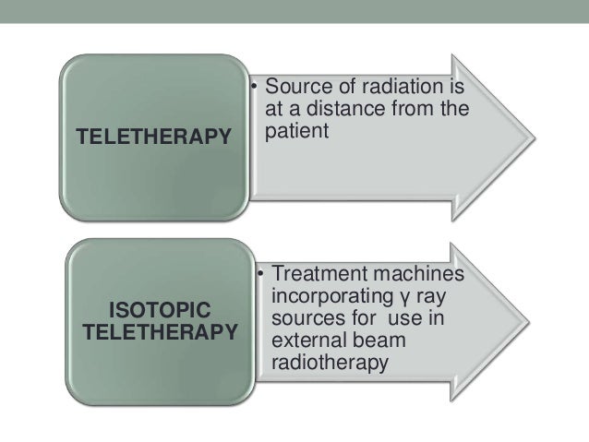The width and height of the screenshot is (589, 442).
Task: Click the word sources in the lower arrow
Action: pyautogui.click(x=307, y=320)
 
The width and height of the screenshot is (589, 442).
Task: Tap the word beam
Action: pyautogui.click(x=379, y=341)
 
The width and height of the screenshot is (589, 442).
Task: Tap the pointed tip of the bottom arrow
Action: pyautogui.click(x=533, y=321)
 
